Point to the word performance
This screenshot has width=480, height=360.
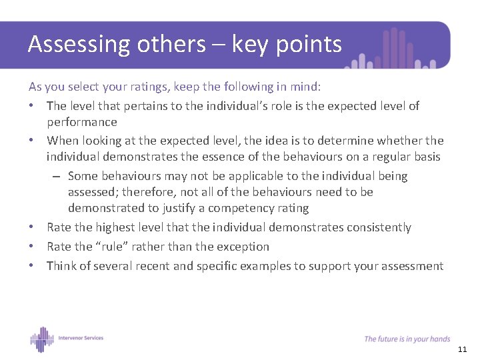[81, 122]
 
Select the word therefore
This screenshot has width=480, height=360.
[147, 192]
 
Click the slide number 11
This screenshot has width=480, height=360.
[463, 350]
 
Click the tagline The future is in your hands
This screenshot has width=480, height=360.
[407, 339]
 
